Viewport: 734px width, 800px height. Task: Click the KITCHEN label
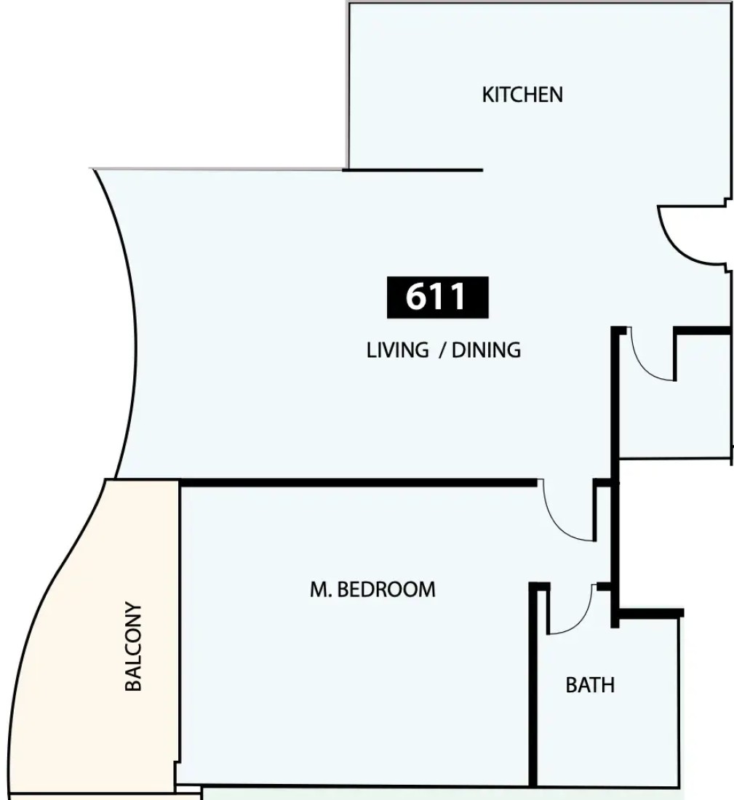point(522,95)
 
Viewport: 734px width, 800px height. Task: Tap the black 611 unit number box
point(437,297)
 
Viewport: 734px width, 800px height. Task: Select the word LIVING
point(398,350)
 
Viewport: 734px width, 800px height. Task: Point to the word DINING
point(486,350)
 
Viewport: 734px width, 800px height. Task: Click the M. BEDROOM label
point(372,589)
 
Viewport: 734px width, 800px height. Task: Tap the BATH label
point(590,684)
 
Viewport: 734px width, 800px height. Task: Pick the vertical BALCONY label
point(133,647)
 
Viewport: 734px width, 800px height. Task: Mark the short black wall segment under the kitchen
point(412,170)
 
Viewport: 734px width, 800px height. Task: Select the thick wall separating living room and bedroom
point(359,483)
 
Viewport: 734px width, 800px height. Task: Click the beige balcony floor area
point(102,638)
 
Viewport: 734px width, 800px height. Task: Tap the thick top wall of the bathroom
point(648,613)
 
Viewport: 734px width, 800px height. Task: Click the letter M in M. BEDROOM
point(318,589)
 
